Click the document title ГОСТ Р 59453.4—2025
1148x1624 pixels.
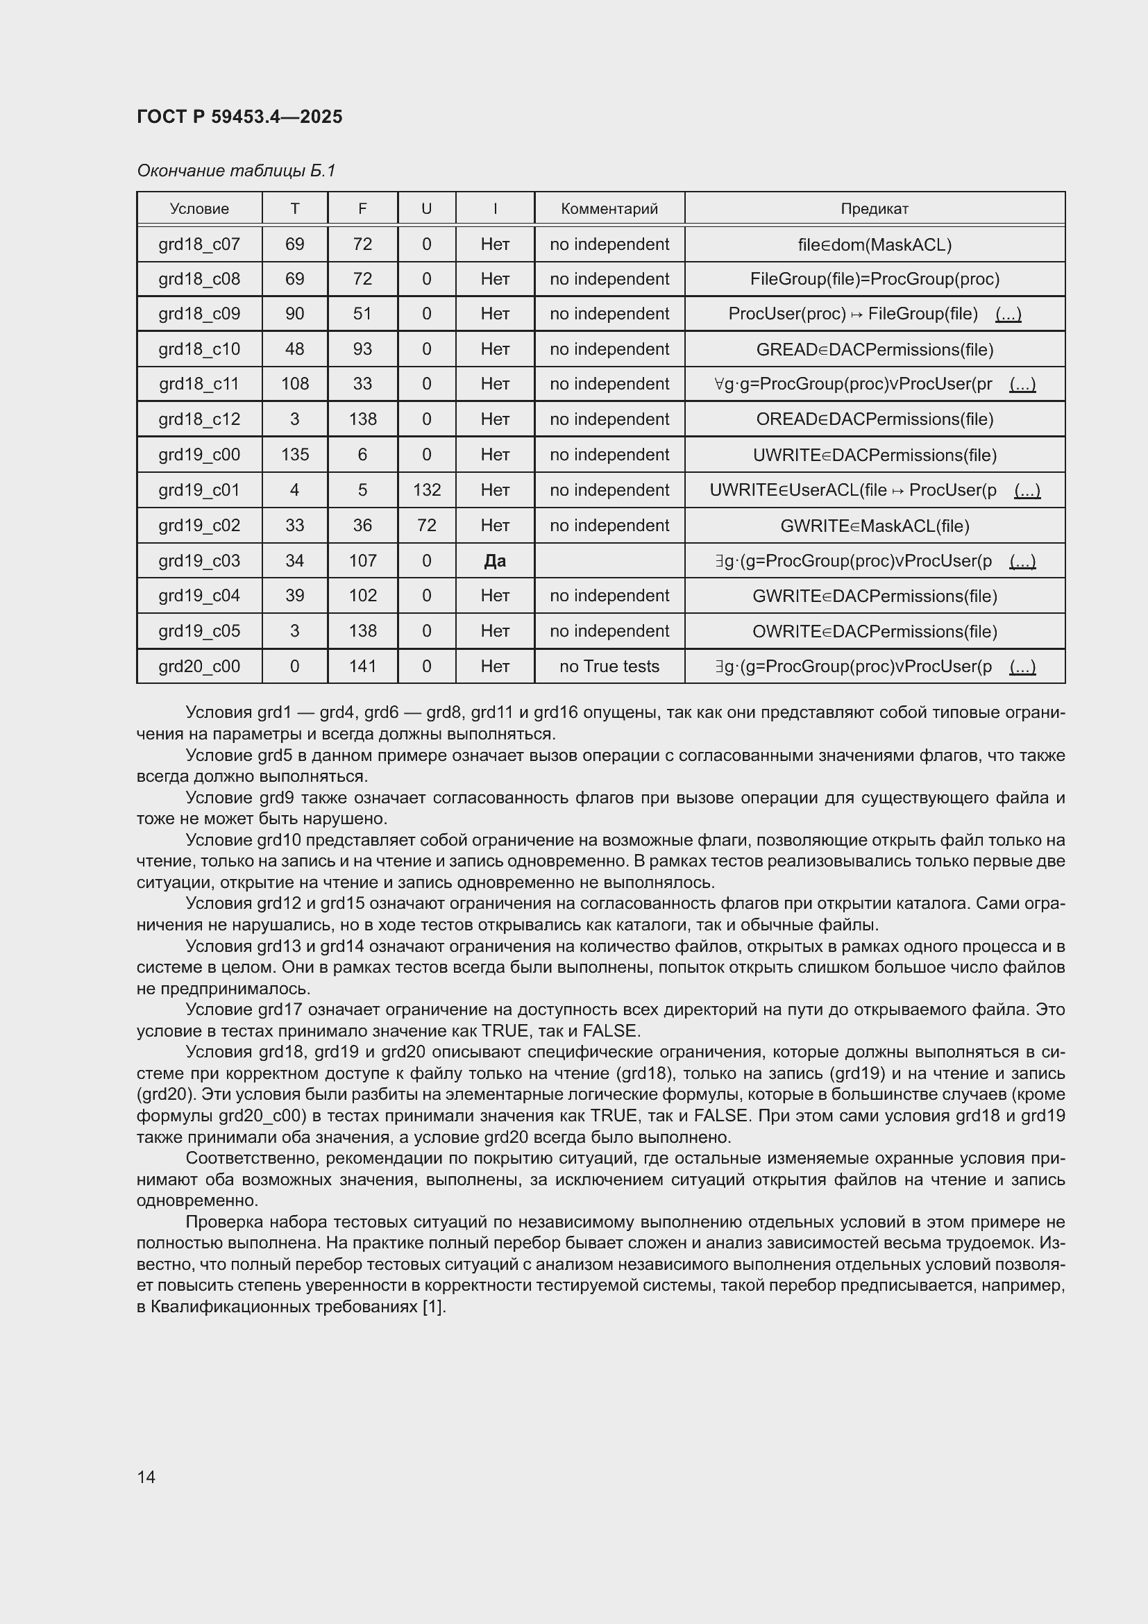click(x=239, y=117)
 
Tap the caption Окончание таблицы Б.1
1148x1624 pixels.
click(x=236, y=171)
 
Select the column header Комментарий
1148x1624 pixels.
click(x=609, y=209)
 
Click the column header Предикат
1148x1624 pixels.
click(x=875, y=209)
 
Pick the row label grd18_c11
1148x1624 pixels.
click(x=199, y=384)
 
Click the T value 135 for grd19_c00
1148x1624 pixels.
click(x=295, y=455)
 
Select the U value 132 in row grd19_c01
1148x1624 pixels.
click(x=426, y=490)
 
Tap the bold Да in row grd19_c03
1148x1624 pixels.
click(x=495, y=561)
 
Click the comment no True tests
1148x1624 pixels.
click(x=609, y=667)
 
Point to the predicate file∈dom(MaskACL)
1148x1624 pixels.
click(x=875, y=244)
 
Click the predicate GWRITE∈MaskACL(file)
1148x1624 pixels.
click(x=875, y=526)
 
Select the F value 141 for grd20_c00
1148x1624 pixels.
click(x=362, y=667)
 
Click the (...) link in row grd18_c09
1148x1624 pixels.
click(x=1008, y=314)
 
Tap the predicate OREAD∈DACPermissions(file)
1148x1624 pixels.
click(x=875, y=419)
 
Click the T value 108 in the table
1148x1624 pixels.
click(x=295, y=384)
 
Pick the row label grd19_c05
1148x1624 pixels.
click(x=199, y=631)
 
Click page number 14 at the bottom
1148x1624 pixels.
click(x=146, y=1477)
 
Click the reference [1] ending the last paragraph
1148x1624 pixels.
click(x=433, y=1307)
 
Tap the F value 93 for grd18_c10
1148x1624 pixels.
click(x=362, y=349)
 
